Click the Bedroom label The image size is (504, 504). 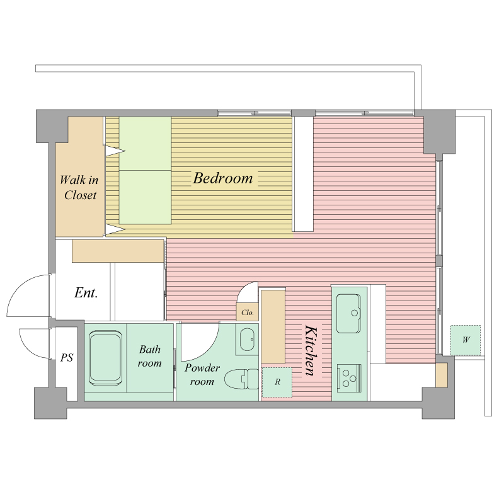tap(223, 178)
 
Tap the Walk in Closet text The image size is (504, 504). tap(79, 187)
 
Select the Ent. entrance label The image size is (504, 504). tap(86, 292)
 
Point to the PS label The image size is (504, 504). tap(67, 357)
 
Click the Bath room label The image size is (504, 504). tap(150, 356)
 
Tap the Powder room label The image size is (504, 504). tap(202, 374)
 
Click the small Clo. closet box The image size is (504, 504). tap(248, 312)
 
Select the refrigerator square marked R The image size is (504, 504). tap(277, 382)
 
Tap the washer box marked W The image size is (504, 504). tap(466, 340)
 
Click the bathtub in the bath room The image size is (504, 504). tap(105, 358)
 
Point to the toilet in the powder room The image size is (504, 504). tap(241, 379)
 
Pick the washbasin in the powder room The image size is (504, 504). tap(247, 340)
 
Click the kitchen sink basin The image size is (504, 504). tap(348, 313)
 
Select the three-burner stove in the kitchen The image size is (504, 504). tap(349, 379)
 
